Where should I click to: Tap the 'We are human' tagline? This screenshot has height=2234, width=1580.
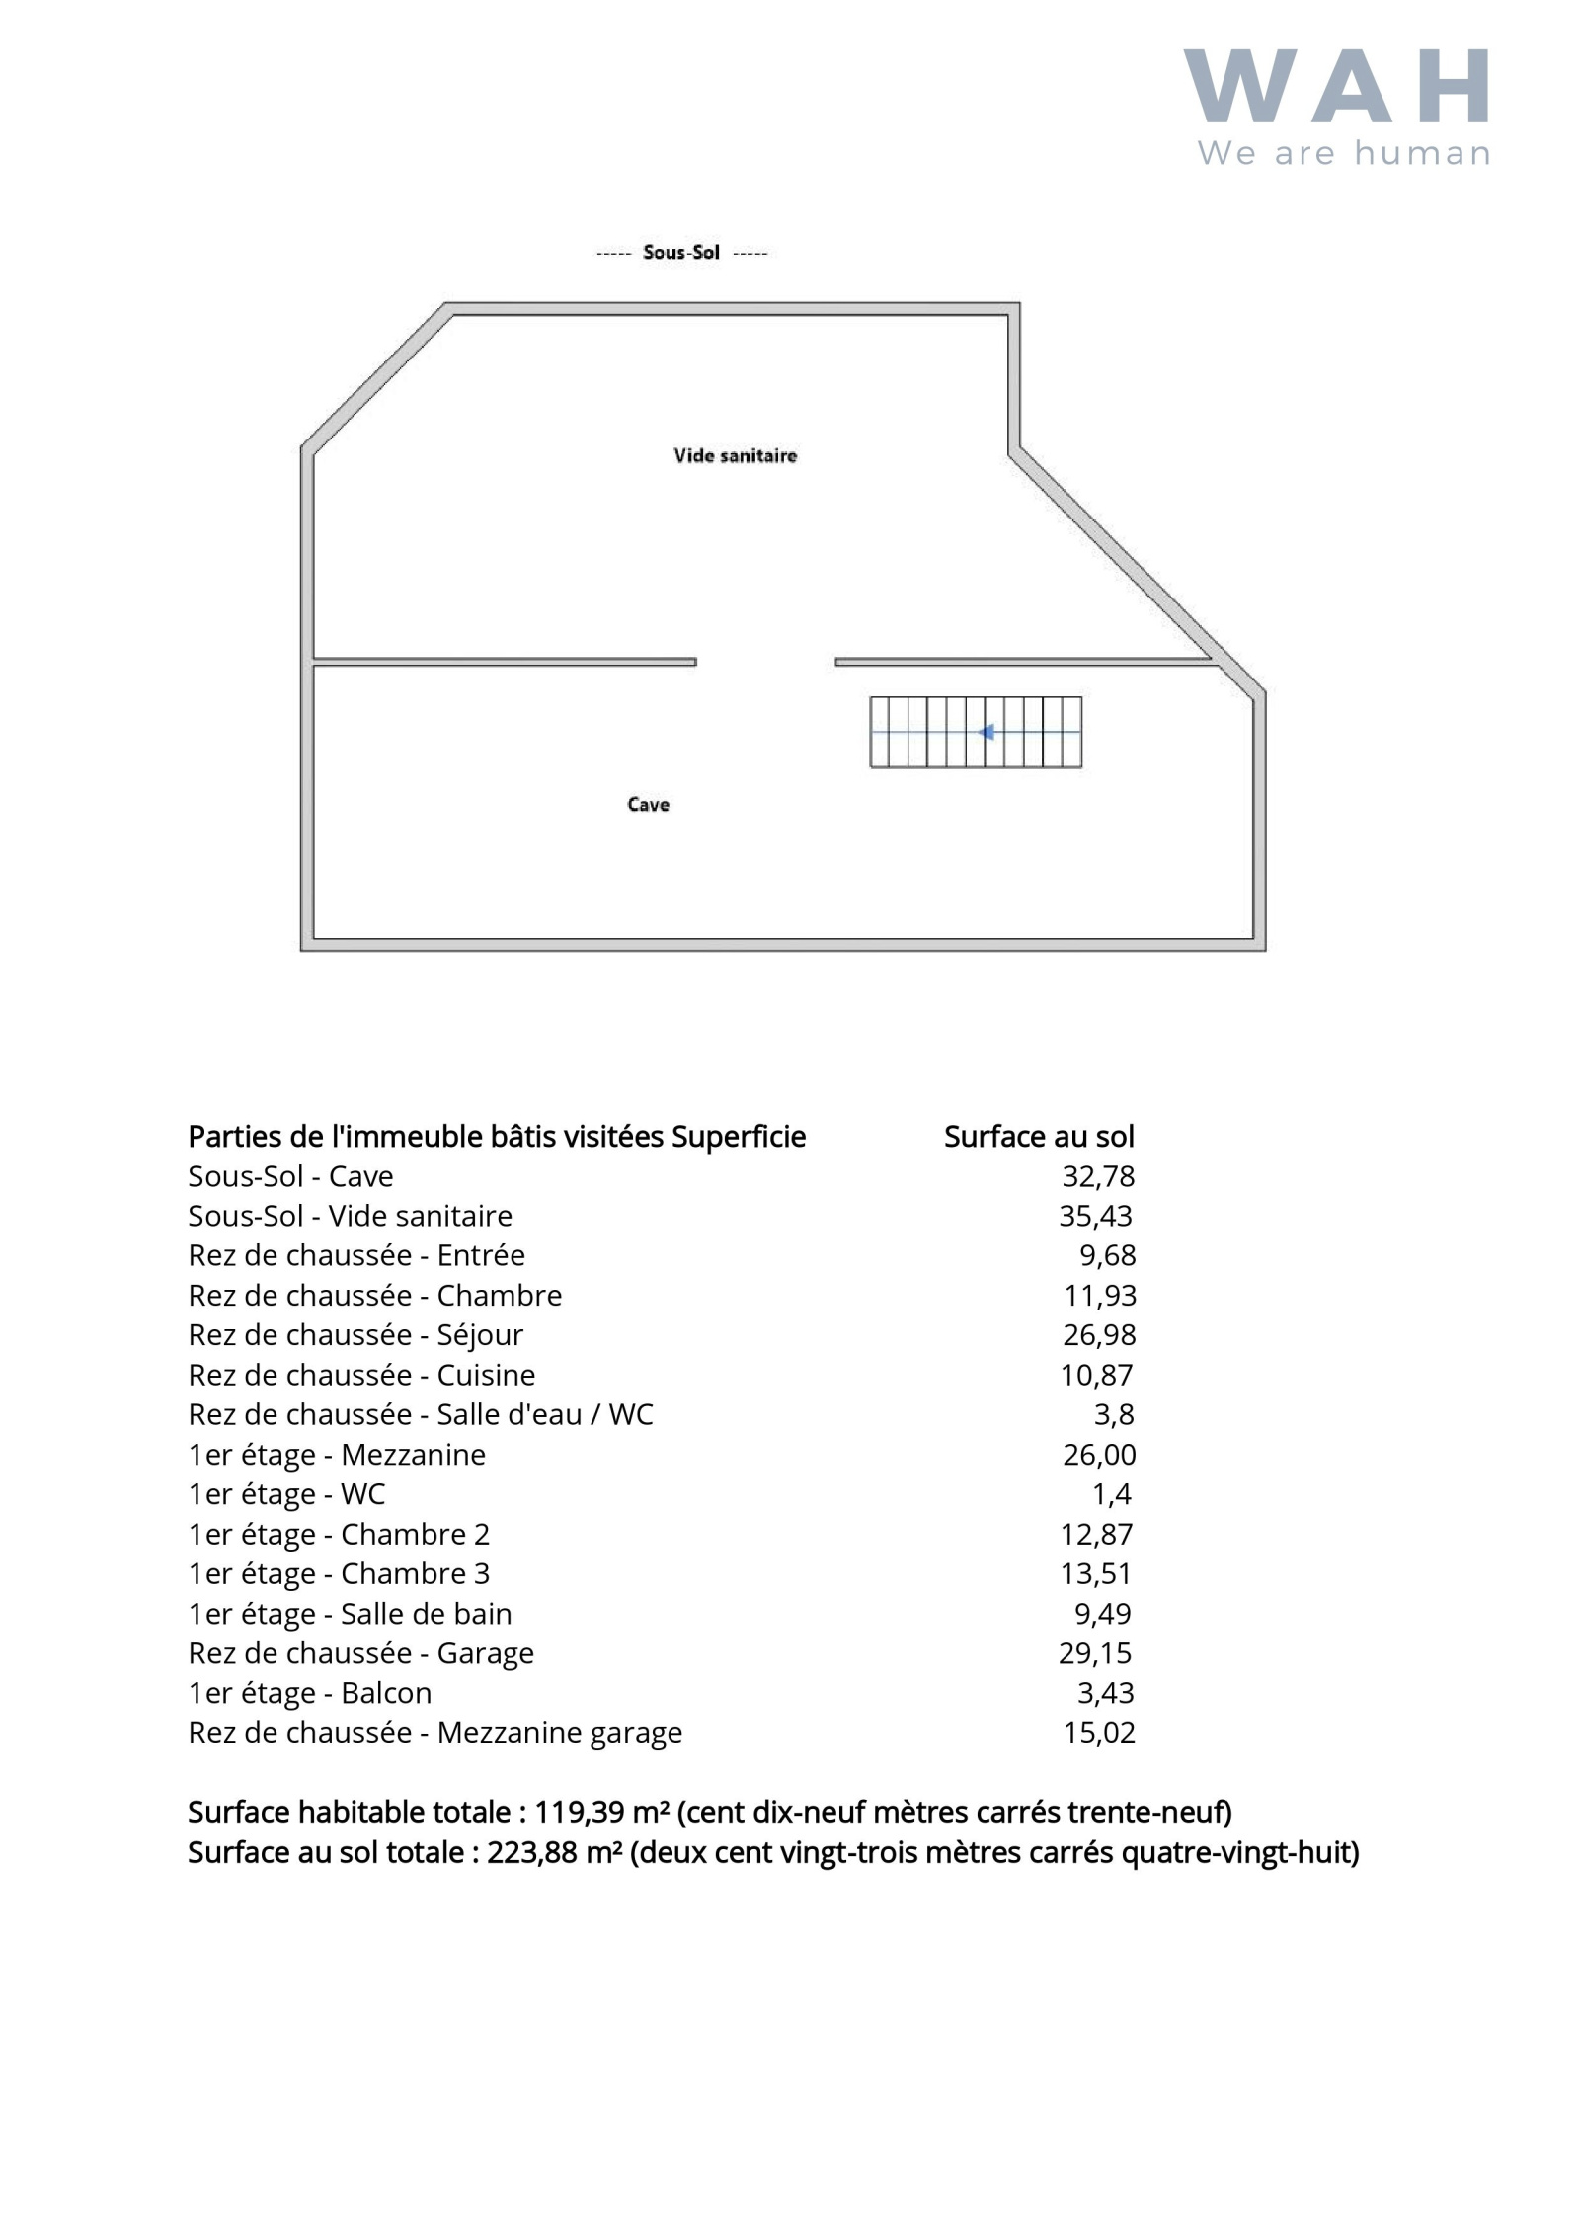(x=1344, y=154)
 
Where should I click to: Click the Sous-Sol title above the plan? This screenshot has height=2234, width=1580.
(x=681, y=253)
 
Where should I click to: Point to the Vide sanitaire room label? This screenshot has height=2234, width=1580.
(x=735, y=456)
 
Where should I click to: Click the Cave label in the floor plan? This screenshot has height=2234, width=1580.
(x=648, y=805)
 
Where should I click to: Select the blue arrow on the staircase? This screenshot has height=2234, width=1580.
(x=986, y=732)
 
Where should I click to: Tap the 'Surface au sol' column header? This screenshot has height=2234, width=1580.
(x=1039, y=1137)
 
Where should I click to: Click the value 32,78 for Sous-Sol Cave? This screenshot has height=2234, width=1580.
(x=1098, y=1176)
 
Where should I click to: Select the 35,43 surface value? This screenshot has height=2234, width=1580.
(x=1095, y=1216)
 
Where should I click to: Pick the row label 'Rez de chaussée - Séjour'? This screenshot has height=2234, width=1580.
(x=355, y=1335)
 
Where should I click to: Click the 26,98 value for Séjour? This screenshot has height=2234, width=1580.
(x=1099, y=1335)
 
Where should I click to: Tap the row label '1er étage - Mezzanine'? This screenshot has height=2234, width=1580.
(x=337, y=1455)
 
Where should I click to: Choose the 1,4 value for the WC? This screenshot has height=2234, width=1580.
(x=1111, y=1494)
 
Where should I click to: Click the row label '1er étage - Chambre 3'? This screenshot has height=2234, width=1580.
(x=339, y=1573)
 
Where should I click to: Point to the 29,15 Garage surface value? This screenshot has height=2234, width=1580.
(x=1095, y=1653)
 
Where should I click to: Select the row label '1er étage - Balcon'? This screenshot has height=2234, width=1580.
(x=310, y=1693)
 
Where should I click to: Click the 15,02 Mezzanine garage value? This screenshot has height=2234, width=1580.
(x=1099, y=1733)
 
